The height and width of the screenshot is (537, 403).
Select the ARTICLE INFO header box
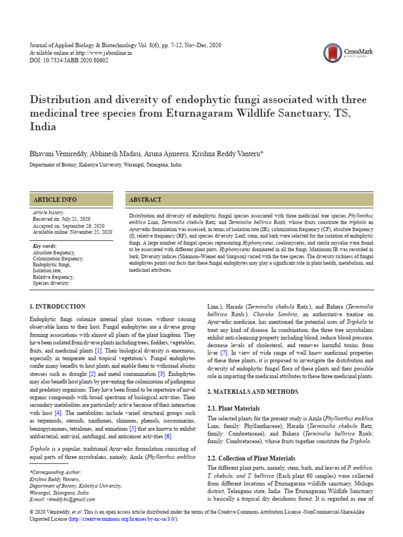click(71, 200)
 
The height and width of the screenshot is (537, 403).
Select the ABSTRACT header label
click(146, 200)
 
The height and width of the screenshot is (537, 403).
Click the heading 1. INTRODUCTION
click(57, 306)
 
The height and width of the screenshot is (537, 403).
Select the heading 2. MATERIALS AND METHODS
click(253, 392)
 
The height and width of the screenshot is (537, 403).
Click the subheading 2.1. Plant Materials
click(234, 408)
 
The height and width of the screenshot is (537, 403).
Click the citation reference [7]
click(224, 353)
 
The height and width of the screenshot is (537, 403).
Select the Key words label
click(45, 246)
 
